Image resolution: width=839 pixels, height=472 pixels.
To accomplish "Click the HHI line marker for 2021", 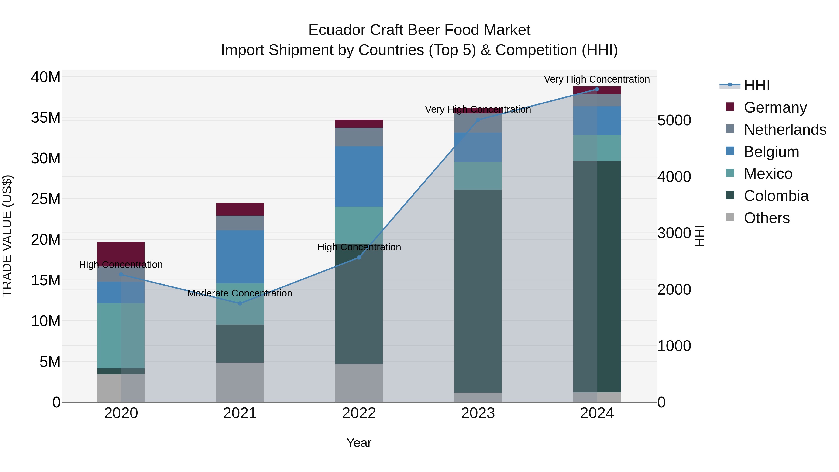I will [x=240, y=303].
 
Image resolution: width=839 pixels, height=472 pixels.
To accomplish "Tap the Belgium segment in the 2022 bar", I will [x=359, y=176].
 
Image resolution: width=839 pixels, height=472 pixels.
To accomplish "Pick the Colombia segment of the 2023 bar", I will [x=478, y=291].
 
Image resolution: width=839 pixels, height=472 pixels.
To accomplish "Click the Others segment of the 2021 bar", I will [x=240, y=382].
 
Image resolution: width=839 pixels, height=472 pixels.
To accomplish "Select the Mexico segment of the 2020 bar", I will [x=121, y=335].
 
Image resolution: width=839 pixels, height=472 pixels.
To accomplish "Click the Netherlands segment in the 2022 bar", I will [x=359, y=137].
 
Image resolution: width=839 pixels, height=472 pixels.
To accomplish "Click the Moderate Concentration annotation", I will [x=240, y=293].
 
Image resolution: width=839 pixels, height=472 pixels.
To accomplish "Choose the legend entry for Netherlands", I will [x=785, y=130].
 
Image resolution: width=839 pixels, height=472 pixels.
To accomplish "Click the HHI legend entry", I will [x=756, y=85].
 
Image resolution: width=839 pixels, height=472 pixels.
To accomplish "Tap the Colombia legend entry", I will [x=776, y=196].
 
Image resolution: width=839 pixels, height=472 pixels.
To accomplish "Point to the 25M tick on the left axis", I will [x=46, y=199].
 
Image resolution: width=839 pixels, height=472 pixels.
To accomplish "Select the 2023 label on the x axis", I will [x=478, y=413].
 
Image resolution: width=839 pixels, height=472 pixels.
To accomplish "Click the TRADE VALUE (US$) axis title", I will [x=7, y=236].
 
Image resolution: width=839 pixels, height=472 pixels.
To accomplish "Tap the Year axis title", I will [x=359, y=443].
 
